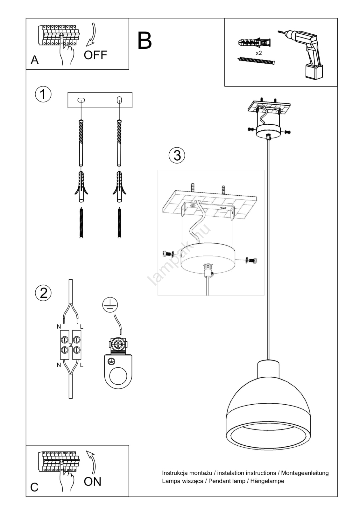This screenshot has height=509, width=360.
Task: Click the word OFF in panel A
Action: [95, 55]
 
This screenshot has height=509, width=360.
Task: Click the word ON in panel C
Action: [92, 482]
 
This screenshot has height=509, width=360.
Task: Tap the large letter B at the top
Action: [145, 41]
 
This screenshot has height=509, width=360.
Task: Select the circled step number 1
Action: [43, 94]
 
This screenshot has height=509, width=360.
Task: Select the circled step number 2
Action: [43, 293]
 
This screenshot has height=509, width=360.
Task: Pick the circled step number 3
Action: [177, 156]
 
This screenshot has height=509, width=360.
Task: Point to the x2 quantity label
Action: [259, 53]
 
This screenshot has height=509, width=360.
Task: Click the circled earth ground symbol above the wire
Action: [110, 305]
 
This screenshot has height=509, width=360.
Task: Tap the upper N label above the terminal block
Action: [59, 327]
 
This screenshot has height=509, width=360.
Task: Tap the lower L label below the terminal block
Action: [81, 365]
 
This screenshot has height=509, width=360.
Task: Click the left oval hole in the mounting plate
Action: [81, 100]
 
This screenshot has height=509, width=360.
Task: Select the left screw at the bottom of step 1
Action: [81, 223]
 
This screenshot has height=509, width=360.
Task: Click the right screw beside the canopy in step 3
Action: [251, 261]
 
